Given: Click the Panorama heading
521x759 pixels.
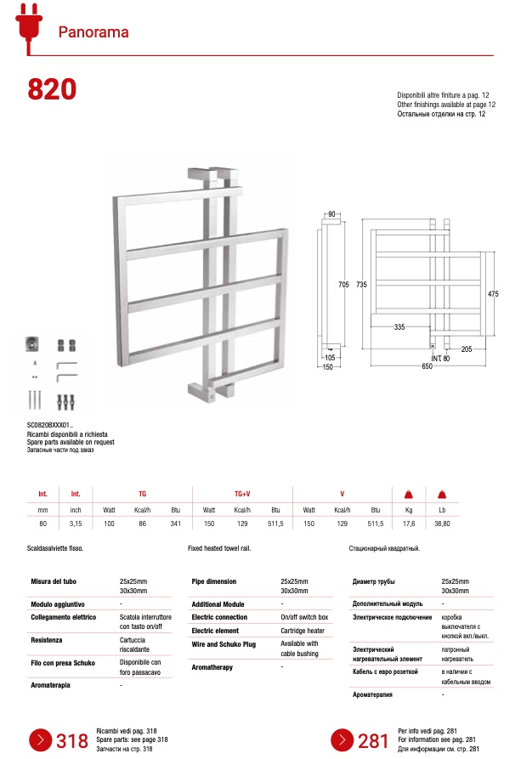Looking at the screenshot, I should click(93, 32).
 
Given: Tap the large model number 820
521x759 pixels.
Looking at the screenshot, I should click(52, 89).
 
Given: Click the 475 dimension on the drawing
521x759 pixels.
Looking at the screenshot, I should click(493, 293).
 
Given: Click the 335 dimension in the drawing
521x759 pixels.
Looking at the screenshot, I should click(399, 326).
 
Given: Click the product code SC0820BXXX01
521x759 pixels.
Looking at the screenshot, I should click(49, 424).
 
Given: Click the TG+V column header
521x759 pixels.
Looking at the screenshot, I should click(242, 493).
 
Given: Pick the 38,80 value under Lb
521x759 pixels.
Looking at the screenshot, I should click(442, 524).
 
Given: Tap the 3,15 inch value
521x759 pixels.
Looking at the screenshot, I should click(76, 524).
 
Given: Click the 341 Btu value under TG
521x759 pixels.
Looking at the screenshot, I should click(176, 524).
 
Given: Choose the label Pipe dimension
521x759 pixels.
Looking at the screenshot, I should click(214, 581).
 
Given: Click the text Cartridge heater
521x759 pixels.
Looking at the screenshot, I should click(303, 631).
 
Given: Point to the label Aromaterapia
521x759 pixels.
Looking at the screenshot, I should click(51, 684).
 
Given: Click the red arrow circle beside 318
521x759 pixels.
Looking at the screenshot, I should click(40, 739).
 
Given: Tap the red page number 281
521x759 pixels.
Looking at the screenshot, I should click(373, 741).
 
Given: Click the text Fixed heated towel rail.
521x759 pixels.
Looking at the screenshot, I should click(219, 549).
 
